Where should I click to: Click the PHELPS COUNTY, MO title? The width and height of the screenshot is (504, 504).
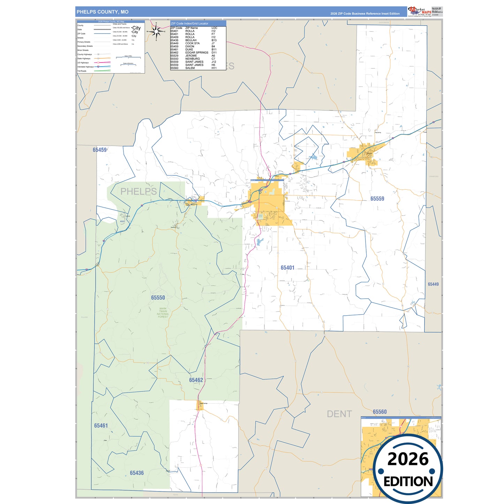(103, 12)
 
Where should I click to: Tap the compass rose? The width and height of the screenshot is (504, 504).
(156, 31)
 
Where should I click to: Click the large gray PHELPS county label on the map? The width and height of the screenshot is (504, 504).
(138, 191)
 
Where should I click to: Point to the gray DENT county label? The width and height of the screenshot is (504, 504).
(339, 414)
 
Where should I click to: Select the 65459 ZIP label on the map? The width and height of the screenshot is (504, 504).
(100, 150)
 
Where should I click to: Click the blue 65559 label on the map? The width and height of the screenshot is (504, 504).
(377, 199)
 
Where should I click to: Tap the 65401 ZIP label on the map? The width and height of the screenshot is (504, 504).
(287, 268)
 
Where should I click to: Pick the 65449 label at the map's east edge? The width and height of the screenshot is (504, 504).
(433, 284)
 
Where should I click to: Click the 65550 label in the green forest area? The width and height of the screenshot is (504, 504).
(158, 298)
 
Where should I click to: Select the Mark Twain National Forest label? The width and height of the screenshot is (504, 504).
(163, 313)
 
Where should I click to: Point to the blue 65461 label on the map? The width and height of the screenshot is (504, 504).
(101, 426)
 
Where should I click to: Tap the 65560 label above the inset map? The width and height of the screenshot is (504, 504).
(379, 412)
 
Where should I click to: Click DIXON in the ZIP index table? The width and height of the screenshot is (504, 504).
(190, 46)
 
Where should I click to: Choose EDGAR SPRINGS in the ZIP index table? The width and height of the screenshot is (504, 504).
(197, 53)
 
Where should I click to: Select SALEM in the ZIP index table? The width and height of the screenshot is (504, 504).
(190, 68)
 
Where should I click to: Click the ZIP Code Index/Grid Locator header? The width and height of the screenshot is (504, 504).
(189, 23)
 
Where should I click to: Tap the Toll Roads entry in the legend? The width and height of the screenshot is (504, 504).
(82, 71)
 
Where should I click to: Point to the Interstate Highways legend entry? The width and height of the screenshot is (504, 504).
(85, 67)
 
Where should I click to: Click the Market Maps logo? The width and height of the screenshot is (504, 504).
(420, 12)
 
